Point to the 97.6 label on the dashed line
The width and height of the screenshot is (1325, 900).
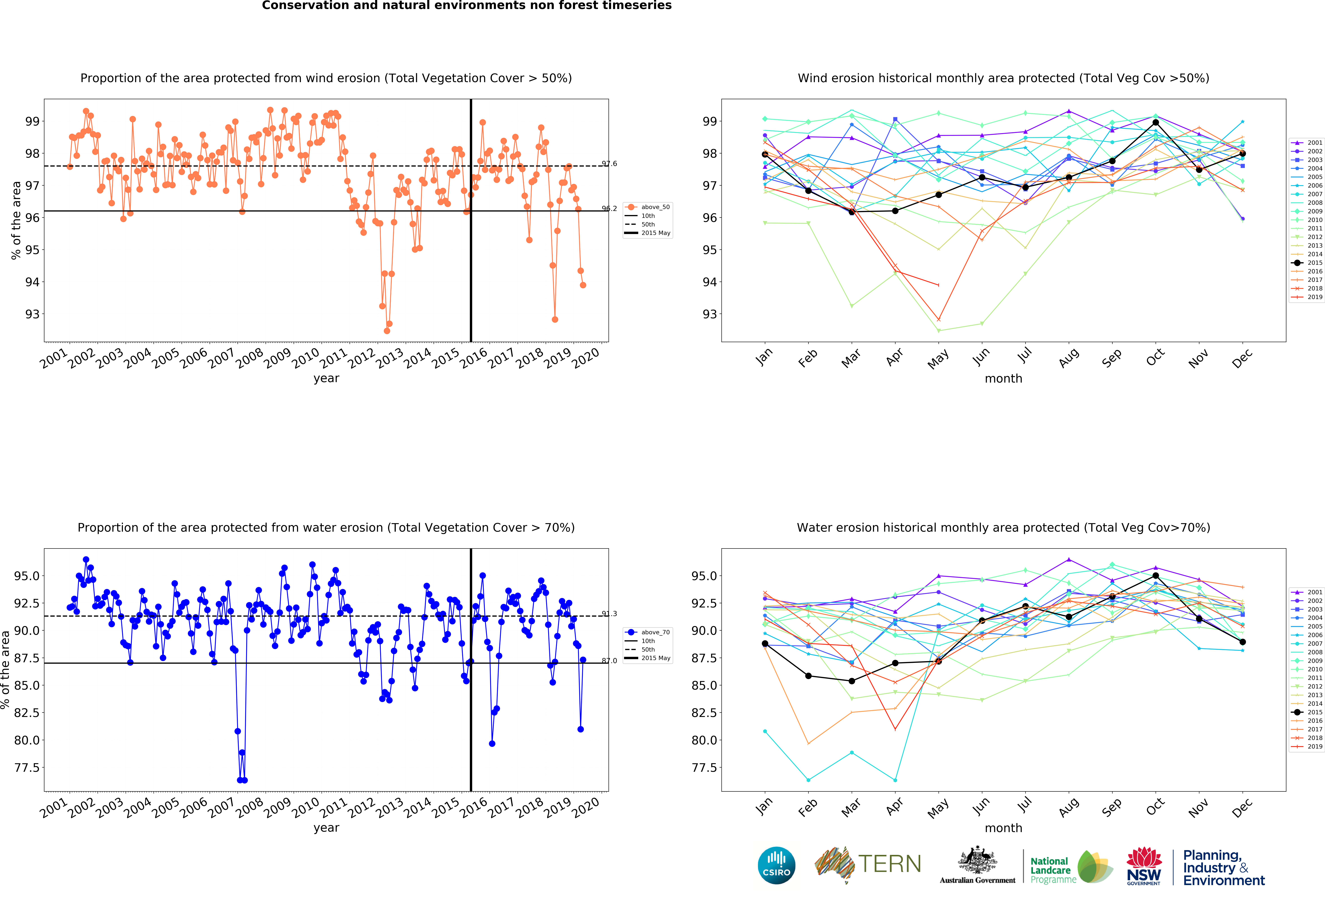609,164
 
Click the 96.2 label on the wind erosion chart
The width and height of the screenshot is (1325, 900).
609,209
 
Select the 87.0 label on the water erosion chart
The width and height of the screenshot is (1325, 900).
609,661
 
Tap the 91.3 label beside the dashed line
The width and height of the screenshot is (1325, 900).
609,614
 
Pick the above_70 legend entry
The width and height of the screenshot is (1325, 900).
648,632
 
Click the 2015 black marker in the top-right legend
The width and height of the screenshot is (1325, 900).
1298,263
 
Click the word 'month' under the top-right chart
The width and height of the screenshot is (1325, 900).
1003,378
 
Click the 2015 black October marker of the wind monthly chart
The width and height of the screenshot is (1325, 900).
1156,123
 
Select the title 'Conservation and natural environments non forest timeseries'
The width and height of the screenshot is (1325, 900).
466,6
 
